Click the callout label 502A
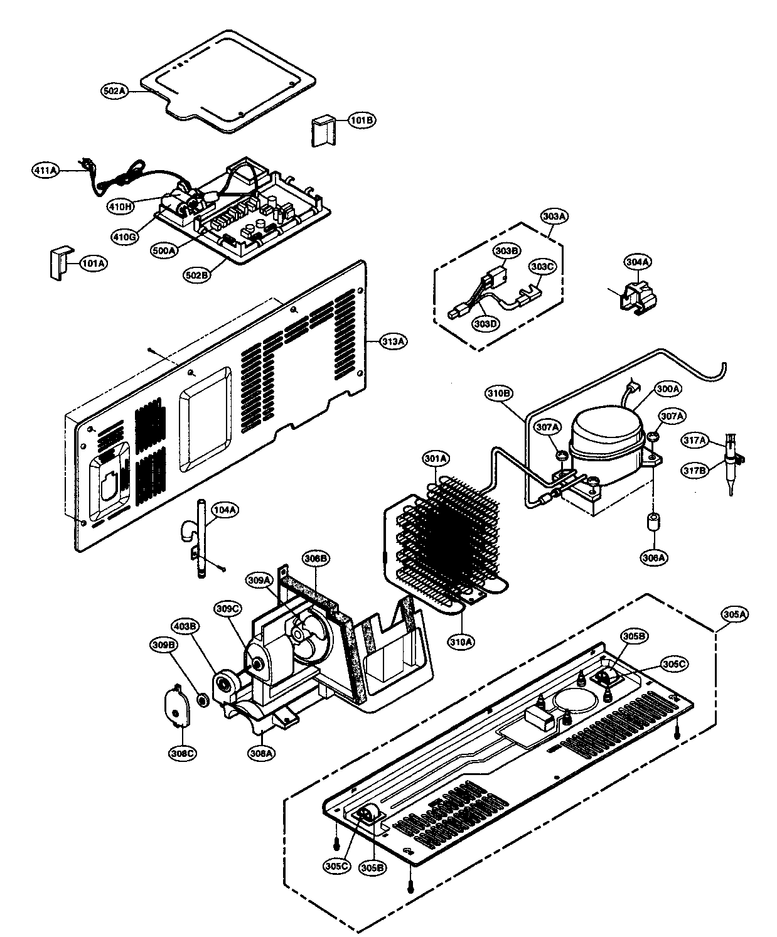(x=114, y=91)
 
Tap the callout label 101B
(x=362, y=120)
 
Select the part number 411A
(x=46, y=169)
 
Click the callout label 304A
(x=638, y=262)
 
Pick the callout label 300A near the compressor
(x=668, y=389)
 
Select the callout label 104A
(x=225, y=510)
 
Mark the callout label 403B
(x=186, y=626)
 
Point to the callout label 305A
(x=732, y=615)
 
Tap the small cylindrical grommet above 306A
(x=653, y=523)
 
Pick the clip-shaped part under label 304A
(x=633, y=296)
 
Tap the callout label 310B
(x=499, y=394)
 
